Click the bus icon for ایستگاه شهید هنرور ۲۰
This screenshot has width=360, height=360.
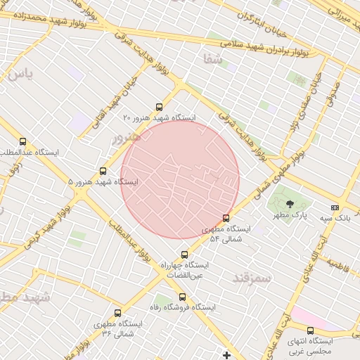159,108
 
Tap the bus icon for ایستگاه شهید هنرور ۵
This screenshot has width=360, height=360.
103,171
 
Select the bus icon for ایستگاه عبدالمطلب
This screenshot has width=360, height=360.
23,141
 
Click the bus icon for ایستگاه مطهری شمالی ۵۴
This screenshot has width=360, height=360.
226,218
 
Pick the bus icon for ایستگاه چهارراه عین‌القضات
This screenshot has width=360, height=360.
184,255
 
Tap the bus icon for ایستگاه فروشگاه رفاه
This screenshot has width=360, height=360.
182,297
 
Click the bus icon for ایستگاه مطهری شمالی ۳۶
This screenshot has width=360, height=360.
117,313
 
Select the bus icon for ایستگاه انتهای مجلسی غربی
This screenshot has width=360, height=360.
310,330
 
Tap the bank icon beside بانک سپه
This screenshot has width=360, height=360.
335,207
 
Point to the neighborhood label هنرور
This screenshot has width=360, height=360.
127,136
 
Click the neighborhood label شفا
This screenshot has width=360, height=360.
213,60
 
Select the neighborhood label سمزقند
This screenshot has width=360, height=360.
252,278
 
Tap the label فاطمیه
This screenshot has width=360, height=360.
337,264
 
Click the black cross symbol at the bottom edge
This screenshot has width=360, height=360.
226,354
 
